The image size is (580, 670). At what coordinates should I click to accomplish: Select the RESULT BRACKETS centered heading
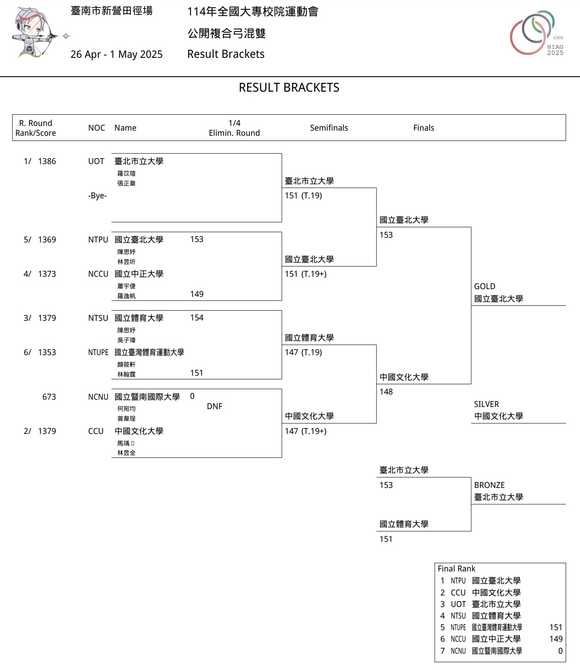289,88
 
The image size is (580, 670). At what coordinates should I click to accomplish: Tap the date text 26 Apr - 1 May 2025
117,54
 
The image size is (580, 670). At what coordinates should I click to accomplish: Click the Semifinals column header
329,128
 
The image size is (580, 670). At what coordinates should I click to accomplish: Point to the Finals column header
424,128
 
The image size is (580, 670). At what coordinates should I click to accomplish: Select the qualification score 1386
47,162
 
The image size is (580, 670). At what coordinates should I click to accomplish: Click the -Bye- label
97,196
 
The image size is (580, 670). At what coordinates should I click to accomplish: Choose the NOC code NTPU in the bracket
98,240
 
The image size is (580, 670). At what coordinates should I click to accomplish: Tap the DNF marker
215,406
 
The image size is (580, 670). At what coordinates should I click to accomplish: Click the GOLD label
484,287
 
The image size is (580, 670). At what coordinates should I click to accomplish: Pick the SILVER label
486,404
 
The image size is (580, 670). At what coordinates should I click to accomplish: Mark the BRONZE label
489,485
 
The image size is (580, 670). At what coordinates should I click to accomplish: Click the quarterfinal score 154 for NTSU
197,318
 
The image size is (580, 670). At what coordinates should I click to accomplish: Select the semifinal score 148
386,392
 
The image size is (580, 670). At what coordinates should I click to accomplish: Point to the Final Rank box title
456,569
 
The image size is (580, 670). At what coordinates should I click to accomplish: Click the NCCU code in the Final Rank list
458,639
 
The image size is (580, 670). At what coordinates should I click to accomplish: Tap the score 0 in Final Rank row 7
560,651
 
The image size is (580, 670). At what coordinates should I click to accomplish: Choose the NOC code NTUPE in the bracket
98,353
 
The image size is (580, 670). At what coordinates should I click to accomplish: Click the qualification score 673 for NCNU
49,397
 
